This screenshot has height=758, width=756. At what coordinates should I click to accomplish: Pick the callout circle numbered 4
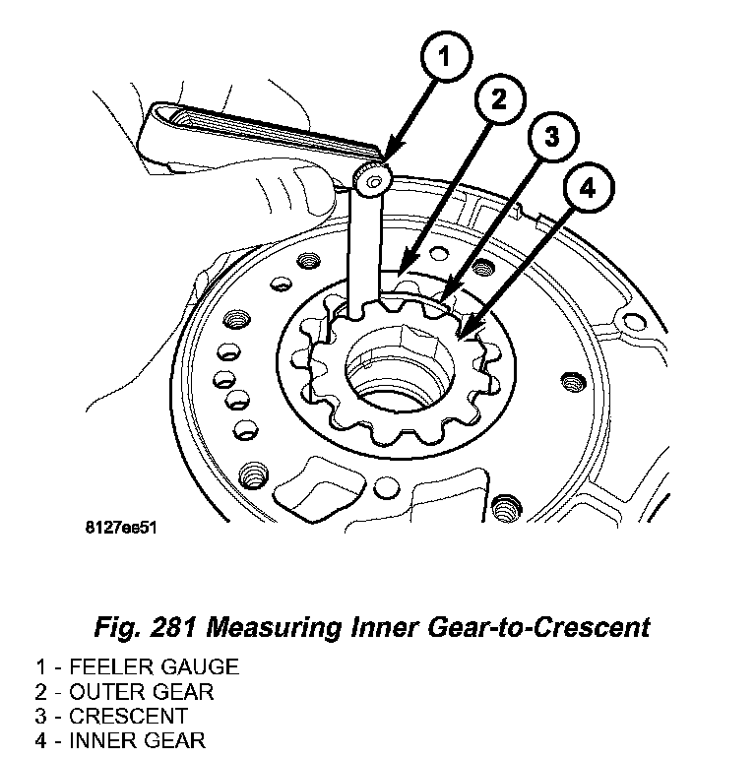[587, 190]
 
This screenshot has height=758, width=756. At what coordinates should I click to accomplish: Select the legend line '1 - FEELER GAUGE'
[137, 667]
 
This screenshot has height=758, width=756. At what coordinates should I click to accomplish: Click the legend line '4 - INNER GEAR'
[122, 739]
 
